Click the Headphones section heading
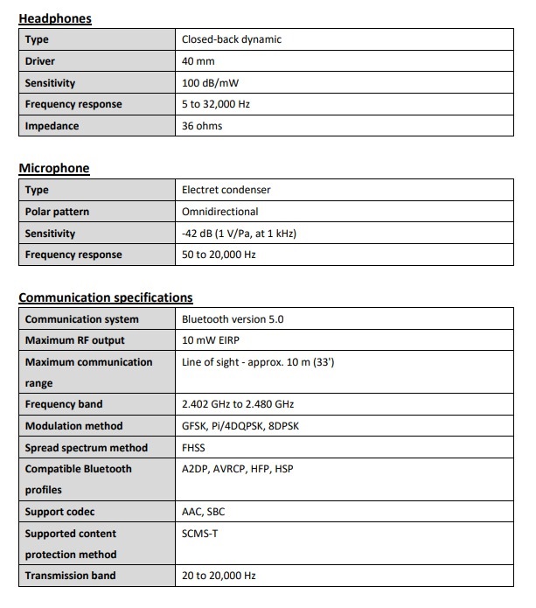55,17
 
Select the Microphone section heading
54,168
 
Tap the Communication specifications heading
106,297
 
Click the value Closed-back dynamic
231,39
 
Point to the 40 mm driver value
198,61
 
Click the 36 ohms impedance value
202,126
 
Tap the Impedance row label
52,126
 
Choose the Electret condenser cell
226,190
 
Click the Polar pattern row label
57,212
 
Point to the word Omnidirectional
219,212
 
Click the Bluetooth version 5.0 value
232,319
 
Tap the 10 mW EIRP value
213,340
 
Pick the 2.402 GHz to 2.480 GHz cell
239,404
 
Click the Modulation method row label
73,426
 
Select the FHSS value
193,447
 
